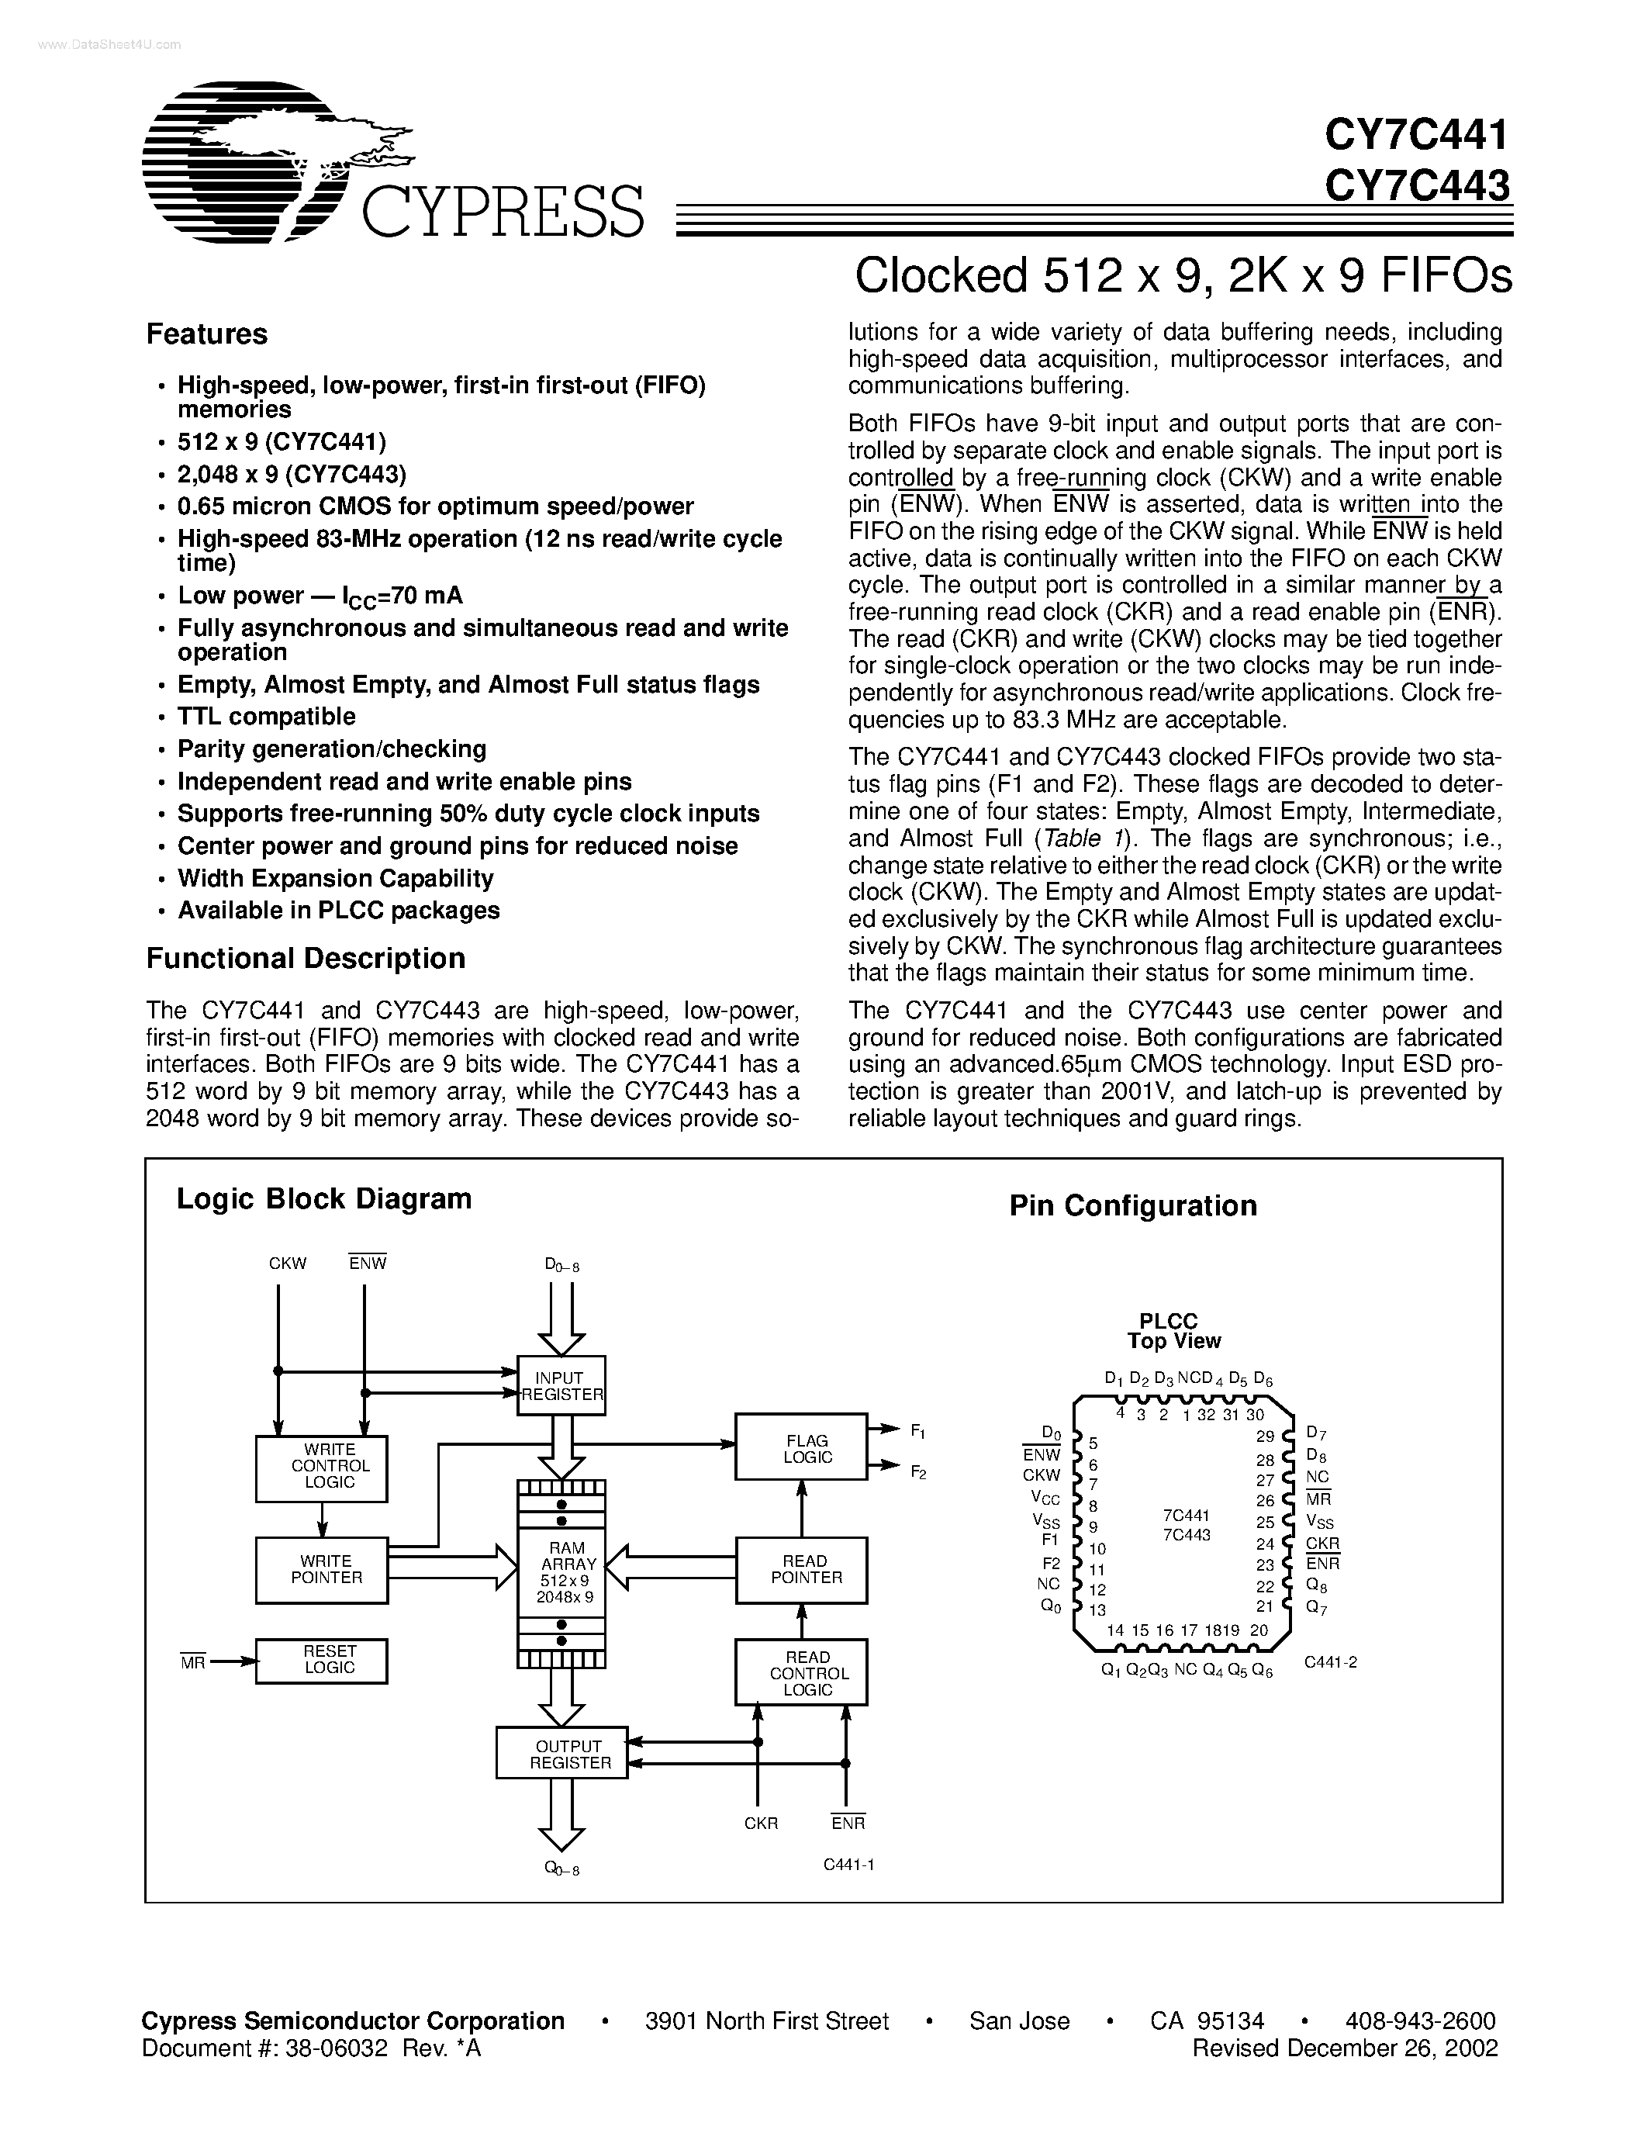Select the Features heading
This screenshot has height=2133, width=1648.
click(207, 334)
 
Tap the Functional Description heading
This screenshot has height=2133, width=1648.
click(306, 958)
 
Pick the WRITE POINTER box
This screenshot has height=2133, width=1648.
click(322, 1569)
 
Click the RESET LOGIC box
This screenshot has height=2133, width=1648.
click(322, 1659)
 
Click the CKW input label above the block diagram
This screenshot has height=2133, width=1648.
click(287, 1264)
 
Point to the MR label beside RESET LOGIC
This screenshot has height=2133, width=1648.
click(192, 1662)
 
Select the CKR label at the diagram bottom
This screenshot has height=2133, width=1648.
click(761, 1824)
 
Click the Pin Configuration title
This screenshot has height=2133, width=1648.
click(1132, 1206)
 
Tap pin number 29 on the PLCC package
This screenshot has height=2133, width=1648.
click(1266, 1436)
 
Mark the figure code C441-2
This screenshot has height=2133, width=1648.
click(1331, 1662)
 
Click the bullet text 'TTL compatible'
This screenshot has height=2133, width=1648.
click(267, 717)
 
